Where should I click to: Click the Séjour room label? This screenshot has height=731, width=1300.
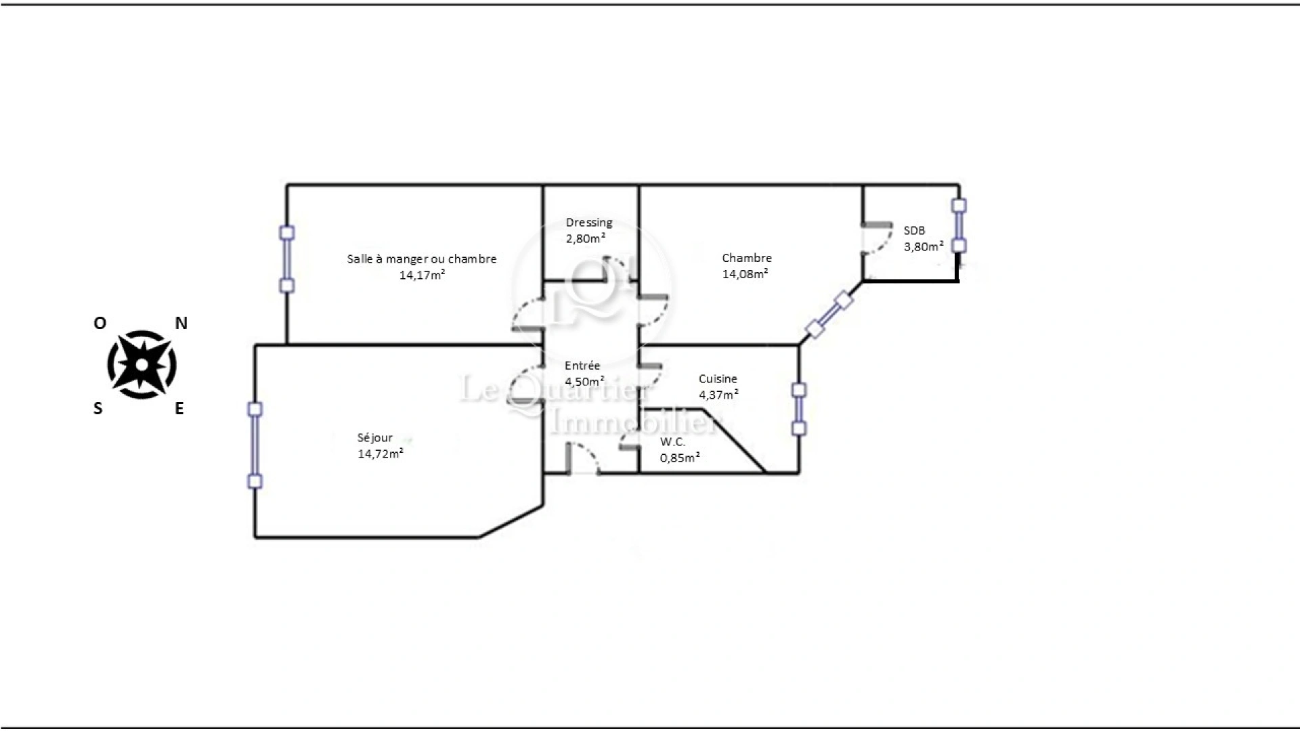coord(374,438)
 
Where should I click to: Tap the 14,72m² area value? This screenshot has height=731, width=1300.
coord(381,453)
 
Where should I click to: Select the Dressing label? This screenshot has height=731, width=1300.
coord(588,223)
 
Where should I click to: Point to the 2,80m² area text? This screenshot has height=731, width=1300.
coord(585,238)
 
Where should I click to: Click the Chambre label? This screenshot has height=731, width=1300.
coord(746,258)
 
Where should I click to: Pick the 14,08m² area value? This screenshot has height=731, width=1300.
coord(745,274)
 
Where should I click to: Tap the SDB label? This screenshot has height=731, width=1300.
coord(914,231)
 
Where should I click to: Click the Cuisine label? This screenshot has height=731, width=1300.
coord(718,379)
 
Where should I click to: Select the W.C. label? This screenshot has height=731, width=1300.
coord(672,442)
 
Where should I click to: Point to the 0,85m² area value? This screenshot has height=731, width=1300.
coord(680,458)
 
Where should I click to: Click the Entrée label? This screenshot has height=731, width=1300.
coord(582,365)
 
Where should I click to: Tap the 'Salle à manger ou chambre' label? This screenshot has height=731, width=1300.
coord(422,259)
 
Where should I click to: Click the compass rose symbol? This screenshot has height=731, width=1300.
coord(142,365)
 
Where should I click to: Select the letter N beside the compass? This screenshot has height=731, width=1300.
coord(181,324)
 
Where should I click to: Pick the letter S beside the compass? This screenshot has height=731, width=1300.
coord(99,408)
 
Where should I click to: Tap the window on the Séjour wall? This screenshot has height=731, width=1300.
coord(255,445)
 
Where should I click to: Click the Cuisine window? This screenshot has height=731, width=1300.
coord(799,409)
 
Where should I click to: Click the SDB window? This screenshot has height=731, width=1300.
coord(958,225)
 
